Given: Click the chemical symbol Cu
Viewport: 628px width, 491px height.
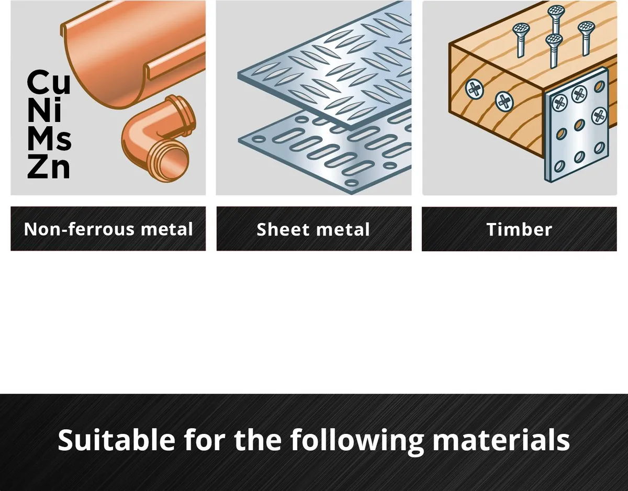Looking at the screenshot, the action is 49,82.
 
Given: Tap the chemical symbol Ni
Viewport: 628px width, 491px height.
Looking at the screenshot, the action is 44,110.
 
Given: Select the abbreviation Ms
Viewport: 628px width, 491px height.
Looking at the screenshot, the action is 49,138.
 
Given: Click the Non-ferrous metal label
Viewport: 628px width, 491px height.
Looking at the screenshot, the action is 108,229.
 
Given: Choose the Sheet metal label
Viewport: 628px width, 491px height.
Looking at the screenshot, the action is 313,229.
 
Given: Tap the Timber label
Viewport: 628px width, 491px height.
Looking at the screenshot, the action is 519,229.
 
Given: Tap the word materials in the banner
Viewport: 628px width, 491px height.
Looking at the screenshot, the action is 501,440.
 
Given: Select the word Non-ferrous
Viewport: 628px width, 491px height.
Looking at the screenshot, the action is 79,229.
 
